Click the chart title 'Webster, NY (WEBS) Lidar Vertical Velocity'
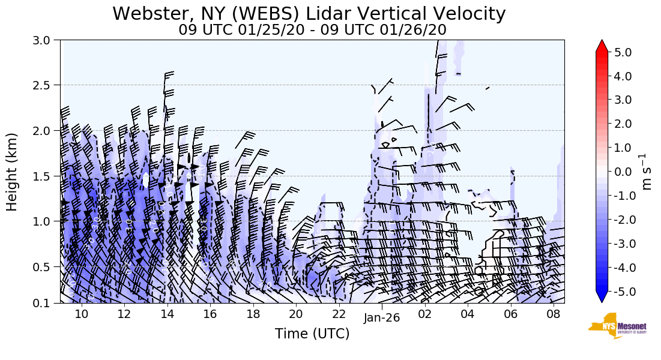(309, 13)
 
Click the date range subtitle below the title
(312, 30)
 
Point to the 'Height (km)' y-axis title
(12, 172)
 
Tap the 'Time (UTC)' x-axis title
(312, 334)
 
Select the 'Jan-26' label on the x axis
(382, 318)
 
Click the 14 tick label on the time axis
(167, 313)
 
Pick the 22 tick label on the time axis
(339, 313)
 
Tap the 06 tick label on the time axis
(510, 313)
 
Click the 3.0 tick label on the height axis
(46, 40)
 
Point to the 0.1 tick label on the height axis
(46, 303)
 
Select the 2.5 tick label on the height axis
(46, 85)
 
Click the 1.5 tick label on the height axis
(46, 176)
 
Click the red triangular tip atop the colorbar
(602, 46)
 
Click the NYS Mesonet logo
(618, 326)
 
